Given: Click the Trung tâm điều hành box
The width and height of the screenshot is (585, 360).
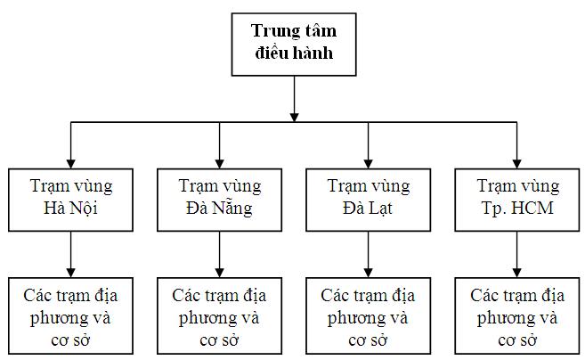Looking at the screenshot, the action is tap(294, 45).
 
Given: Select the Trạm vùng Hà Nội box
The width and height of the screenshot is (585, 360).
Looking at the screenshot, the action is tap(70, 200).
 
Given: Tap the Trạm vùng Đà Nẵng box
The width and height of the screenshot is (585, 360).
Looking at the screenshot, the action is tap(219, 200).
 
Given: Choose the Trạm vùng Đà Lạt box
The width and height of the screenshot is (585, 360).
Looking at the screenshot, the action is tap(369, 200).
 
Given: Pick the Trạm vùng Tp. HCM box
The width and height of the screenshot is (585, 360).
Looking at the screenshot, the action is tap(517, 200).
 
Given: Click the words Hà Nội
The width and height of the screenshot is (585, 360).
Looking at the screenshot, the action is tap(70, 208).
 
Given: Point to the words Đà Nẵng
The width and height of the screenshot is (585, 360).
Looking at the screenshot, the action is tap(219, 208).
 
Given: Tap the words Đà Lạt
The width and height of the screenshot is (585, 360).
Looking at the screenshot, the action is tap(368, 208).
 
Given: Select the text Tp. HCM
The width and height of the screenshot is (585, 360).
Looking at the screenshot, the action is tap(517, 208).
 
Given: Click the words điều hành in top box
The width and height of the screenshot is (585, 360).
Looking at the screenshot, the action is tap(294, 53).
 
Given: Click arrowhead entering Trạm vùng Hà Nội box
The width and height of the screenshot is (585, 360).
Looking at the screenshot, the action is tap(70, 164).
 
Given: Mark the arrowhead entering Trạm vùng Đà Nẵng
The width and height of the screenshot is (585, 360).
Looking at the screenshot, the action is tap(219, 164).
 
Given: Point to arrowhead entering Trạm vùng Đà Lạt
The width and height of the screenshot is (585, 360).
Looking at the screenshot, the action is tap(369, 164).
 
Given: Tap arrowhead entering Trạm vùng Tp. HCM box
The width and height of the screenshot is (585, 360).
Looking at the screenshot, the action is tap(516, 164).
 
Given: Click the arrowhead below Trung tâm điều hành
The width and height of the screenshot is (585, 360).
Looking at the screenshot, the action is tap(294, 118).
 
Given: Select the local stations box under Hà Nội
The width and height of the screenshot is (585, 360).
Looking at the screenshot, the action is tap(70, 315).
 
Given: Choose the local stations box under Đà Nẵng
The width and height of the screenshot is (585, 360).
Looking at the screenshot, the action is tap(219, 315).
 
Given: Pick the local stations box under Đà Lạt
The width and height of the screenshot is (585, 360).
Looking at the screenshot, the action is tap(369, 315).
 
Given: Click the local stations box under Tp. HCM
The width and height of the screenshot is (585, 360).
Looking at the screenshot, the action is tap(517, 315).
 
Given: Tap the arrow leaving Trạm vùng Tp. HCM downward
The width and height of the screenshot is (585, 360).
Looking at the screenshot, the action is tap(516, 254).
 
